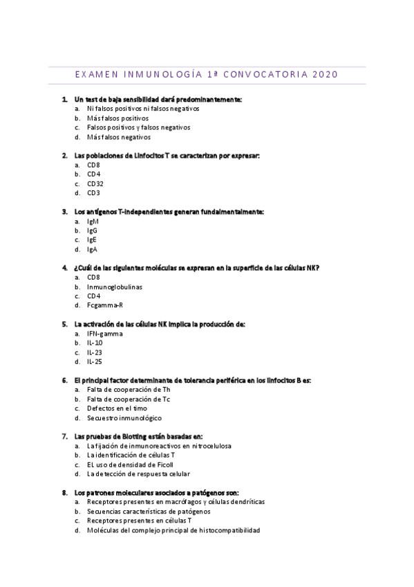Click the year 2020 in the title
[326, 75]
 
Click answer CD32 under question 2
[95, 184]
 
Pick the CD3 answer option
[93, 193]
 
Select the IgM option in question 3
[93, 222]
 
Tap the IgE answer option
[92, 240]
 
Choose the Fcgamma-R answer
[105, 305]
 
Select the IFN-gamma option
[104, 334]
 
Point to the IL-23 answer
[95, 352]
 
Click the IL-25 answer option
[95, 361]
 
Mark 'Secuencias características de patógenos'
[149, 512]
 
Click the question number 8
[64, 493]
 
